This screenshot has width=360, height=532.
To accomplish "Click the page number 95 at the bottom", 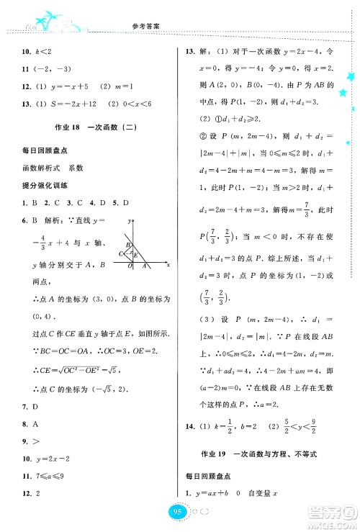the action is (179, 513).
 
